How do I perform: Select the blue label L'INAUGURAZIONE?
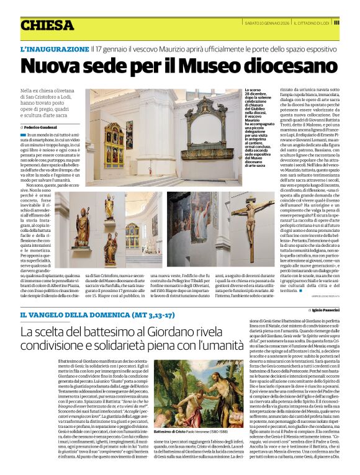coord(54,48)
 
